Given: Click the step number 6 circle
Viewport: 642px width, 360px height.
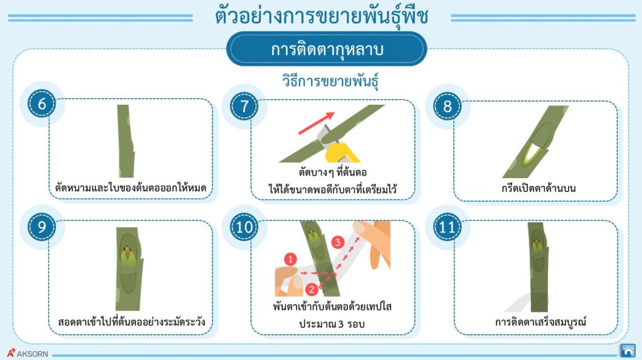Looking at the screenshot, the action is (x=42, y=104).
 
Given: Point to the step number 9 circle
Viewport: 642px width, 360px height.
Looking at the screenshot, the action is (x=42, y=226).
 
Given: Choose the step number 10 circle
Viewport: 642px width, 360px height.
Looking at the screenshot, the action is (x=245, y=226).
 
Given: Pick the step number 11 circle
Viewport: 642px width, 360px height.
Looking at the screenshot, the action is (x=447, y=226).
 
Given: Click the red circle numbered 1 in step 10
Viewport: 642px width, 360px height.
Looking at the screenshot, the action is (x=290, y=258).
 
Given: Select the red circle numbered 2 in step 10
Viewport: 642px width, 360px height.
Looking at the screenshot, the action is (x=312, y=289).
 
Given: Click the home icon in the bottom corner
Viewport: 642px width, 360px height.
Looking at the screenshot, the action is (x=627, y=350).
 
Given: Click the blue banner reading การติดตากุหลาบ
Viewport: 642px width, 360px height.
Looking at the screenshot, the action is (x=326, y=50).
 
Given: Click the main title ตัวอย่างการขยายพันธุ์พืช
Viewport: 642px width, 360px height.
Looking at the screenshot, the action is (x=322, y=16).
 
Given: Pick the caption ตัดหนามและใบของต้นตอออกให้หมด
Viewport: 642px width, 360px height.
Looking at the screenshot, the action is (x=131, y=188).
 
